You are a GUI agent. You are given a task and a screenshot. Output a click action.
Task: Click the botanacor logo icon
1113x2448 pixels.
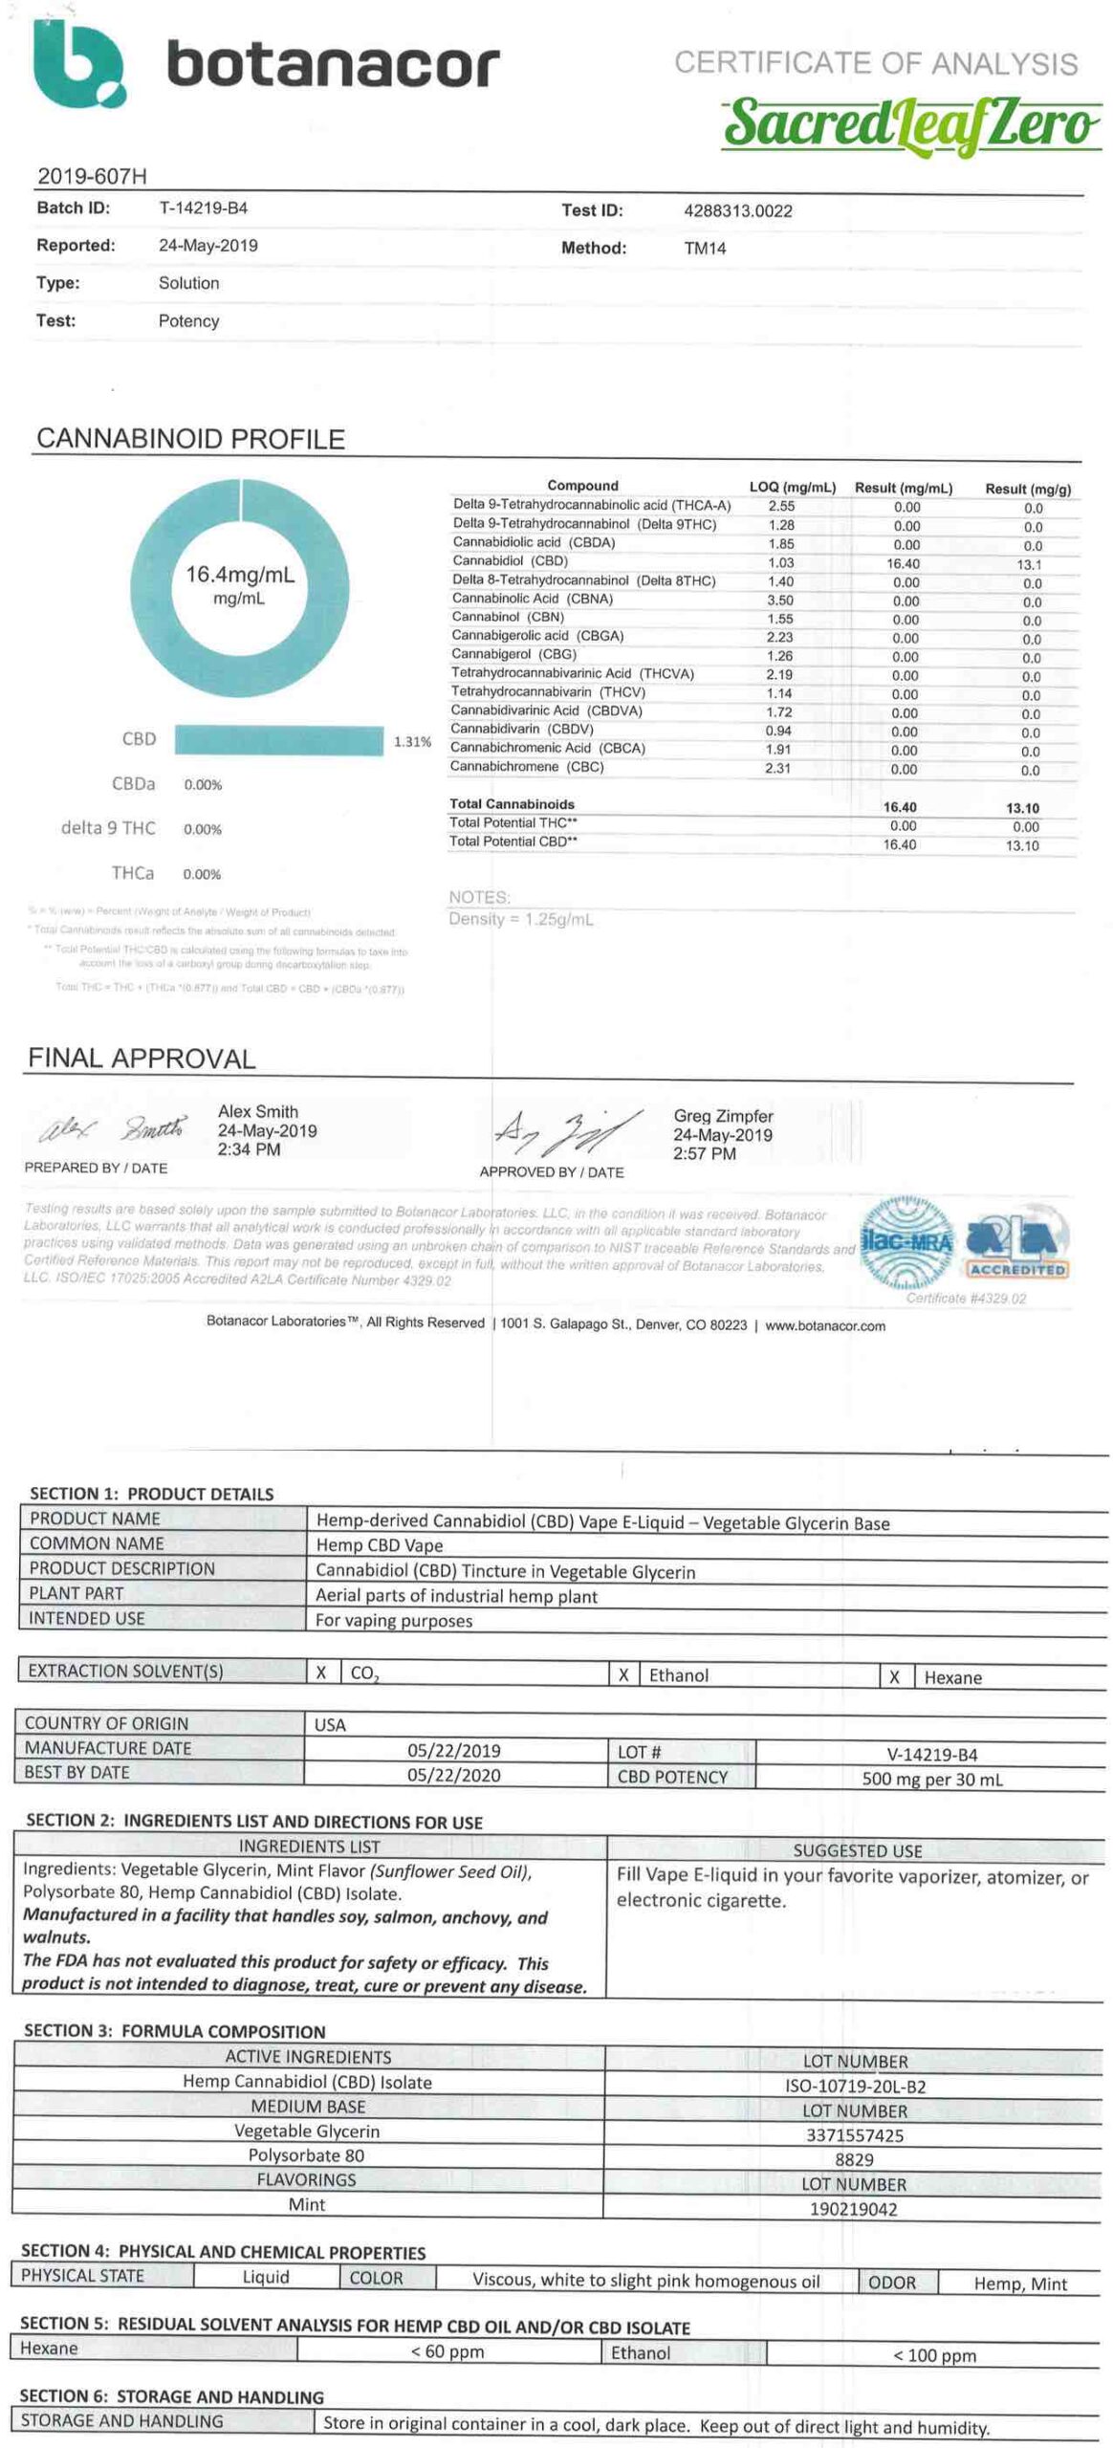pyautogui.click(x=78, y=65)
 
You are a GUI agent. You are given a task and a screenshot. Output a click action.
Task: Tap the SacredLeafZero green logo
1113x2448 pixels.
pyautogui.click(x=909, y=127)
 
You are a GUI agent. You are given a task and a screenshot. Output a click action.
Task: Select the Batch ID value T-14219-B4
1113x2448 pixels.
pyautogui.click(x=203, y=208)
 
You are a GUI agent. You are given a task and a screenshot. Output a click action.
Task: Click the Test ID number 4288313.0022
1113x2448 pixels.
pyautogui.click(x=737, y=211)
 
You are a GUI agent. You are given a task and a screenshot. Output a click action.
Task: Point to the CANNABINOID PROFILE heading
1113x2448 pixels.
pyautogui.click(x=190, y=439)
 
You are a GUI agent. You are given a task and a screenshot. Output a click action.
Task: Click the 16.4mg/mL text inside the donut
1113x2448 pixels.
pyautogui.click(x=239, y=575)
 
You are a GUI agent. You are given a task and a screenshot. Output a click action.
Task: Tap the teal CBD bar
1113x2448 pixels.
pyautogui.click(x=278, y=740)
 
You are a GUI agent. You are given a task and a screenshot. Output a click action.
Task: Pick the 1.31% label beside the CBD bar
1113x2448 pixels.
pyautogui.click(x=412, y=741)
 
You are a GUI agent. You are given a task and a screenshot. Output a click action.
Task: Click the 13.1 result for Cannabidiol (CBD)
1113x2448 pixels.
pyautogui.click(x=1029, y=564)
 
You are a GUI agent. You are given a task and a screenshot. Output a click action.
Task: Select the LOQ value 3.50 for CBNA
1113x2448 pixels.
pyautogui.click(x=779, y=600)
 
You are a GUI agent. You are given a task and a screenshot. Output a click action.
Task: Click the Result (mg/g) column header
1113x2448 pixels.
pyautogui.click(x=1028, y=489)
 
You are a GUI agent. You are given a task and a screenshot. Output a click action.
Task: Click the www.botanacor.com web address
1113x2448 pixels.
pyautogui.click(x=824, y=1325)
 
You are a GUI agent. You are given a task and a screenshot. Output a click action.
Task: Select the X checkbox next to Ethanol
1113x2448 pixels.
pyautogui.click(x=623, y=1674)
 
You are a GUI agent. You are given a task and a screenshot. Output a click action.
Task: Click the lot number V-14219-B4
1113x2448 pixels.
pyautogui.click(x=931, y=1754)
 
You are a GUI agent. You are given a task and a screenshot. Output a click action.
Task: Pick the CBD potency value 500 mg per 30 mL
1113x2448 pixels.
pyautogui.click(x=931, y=1779)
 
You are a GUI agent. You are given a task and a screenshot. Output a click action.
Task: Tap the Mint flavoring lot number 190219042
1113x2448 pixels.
pyautogui.click(x=853, y=2209)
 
